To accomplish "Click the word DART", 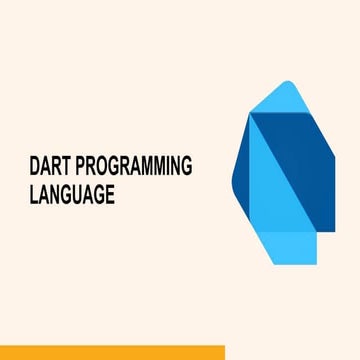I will (x=51, y=169).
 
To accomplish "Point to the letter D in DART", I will (x=36, y=169).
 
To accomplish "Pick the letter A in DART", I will (x=46, y=169).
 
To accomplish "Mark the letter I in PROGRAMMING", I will (x=162, y=169).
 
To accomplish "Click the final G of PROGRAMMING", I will (x=184, y=169).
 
